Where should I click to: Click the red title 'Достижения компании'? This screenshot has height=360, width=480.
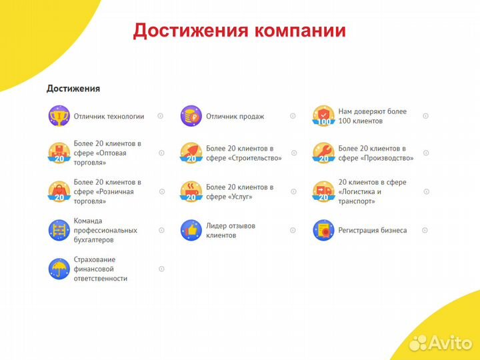pyautogui.click(x=239, y=31)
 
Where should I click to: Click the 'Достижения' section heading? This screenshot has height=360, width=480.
pyautogui.click(x=73, y=88)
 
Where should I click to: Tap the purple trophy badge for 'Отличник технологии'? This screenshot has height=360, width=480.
pyautogui.click(x=59, y=116)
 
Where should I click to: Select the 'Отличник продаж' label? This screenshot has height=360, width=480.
pyautogui.click(x=235, y=116)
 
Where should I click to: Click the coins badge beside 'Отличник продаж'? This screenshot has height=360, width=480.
pyautogui.click(x=191, y=116)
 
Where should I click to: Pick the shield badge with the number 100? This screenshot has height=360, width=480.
pyautogui.click(x=323, y=116)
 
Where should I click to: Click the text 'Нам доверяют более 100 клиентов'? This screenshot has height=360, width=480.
pyautogui.click(x=372, y=116)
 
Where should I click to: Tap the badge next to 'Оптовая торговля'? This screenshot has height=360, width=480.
pyautogui.click(x=59, y=153)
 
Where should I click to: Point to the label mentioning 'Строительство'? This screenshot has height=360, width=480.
pyautogui.click(x=244, y=153)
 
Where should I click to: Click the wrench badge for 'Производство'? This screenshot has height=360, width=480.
pyautogui.click(x=323, y=153)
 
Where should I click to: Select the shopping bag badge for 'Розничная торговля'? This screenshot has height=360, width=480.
pyautogui.click(x=59, y=191)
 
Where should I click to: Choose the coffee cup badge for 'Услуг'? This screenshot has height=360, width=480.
pyautogui.click(x=191, y=191)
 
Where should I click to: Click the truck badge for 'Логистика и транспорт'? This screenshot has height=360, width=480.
pyautogui.click(x=323, y=191)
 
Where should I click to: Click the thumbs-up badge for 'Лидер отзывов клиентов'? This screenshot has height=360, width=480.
pyautogui.click(x=191, y=230)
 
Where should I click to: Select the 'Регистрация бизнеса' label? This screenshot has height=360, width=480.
pyautogui.click(x=372, y=230)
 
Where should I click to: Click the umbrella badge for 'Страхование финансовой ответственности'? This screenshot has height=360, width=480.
pyautogui.click(x=59, y=269)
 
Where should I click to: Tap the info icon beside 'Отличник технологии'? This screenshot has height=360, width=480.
pyautogui.click(x=160, y=116)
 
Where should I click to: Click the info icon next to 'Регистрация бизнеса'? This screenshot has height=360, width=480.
pyautogui.click(x=425, y=230)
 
